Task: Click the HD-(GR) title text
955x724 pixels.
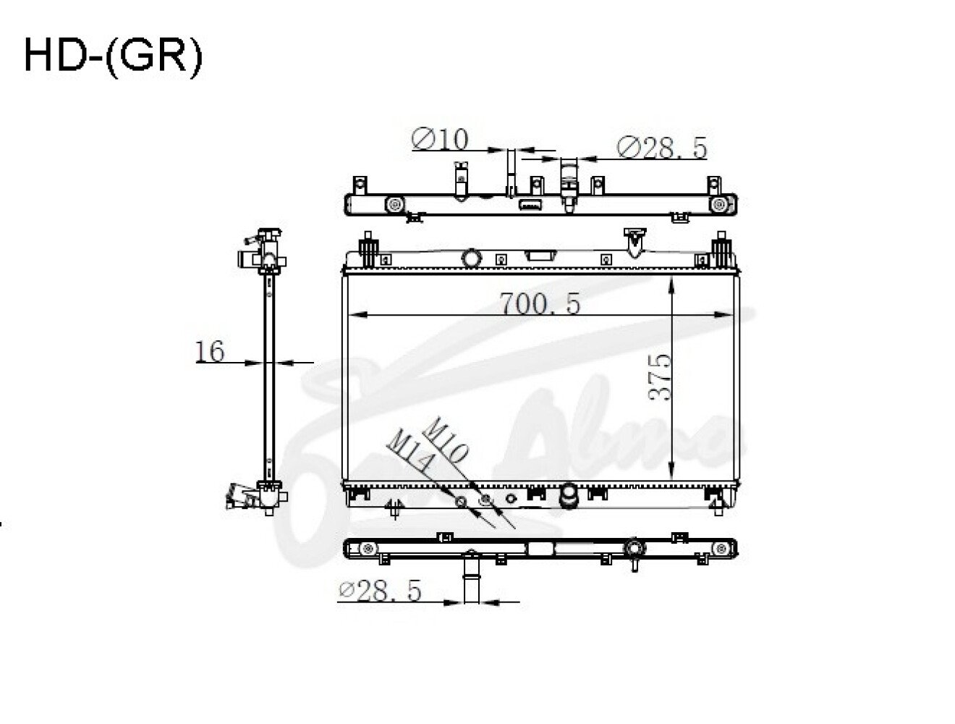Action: click(x=113, y=57)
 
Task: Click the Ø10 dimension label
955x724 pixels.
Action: click(x=439, y=139)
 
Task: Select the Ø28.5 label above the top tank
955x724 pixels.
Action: click(x=661, y=148)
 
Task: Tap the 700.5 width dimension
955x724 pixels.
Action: click(x=540, y=303)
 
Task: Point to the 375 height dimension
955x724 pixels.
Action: click(x=660, y=377)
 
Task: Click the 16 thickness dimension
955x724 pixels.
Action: click(x=210, y=351)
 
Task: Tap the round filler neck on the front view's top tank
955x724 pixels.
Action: click(x=471, y=258)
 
